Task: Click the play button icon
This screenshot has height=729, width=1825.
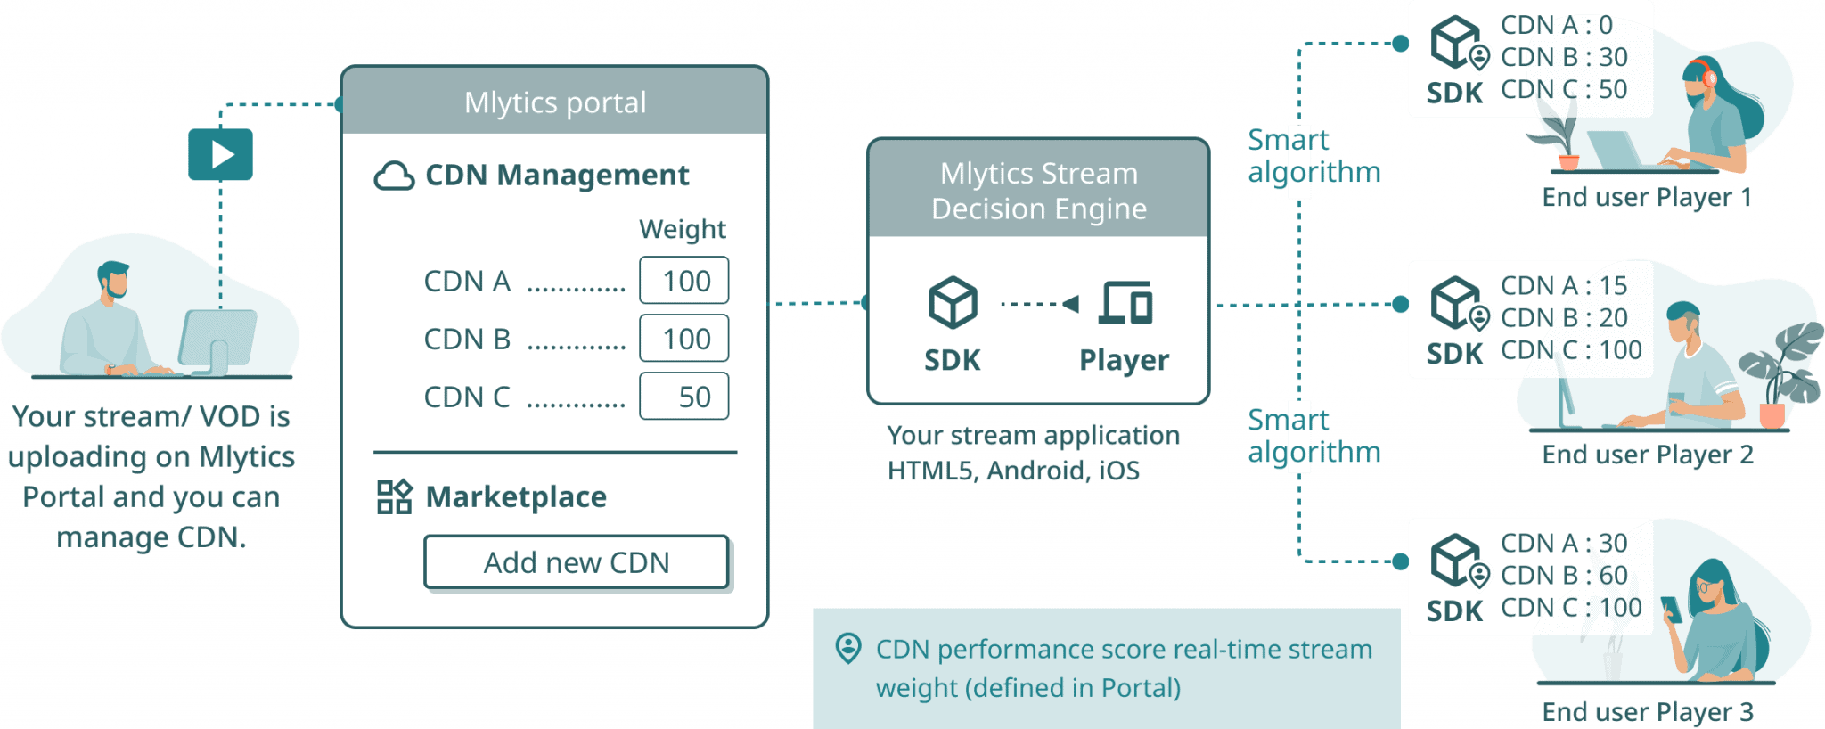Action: click(x=220, y=155)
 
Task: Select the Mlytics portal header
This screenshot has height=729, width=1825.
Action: click(x=554, y=102)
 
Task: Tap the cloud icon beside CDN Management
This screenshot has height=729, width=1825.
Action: click(x=394, y=176)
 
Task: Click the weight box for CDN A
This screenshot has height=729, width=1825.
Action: click(x=684, y=281)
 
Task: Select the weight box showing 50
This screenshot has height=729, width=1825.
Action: click(x=684, y=397)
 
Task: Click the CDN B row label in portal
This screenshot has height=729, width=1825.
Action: click(x=467, y=340)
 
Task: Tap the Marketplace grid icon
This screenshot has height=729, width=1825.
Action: click(x=394, y=496)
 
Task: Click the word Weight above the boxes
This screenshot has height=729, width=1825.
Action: click(x=683, y=230)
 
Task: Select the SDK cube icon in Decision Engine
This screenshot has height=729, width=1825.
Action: click(x=953, y=302)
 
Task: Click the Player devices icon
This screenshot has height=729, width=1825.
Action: click(x=1125, y=303)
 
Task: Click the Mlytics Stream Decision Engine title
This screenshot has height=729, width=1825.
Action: click(x=1039, y=191)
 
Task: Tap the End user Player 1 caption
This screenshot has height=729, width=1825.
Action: click(x=1647, y=198)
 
